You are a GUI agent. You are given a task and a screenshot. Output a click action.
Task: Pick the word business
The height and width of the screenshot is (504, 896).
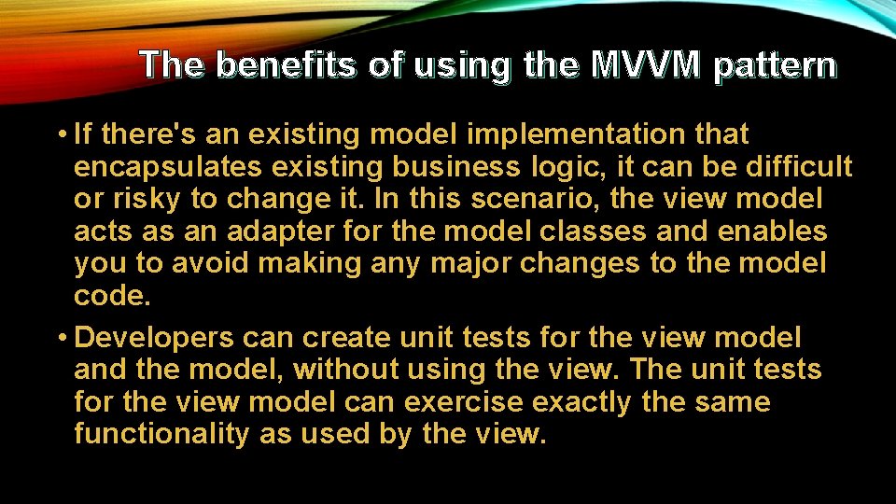pos(435,167)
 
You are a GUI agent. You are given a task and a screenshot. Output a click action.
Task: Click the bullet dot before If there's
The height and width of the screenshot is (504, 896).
pos(61,134)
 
